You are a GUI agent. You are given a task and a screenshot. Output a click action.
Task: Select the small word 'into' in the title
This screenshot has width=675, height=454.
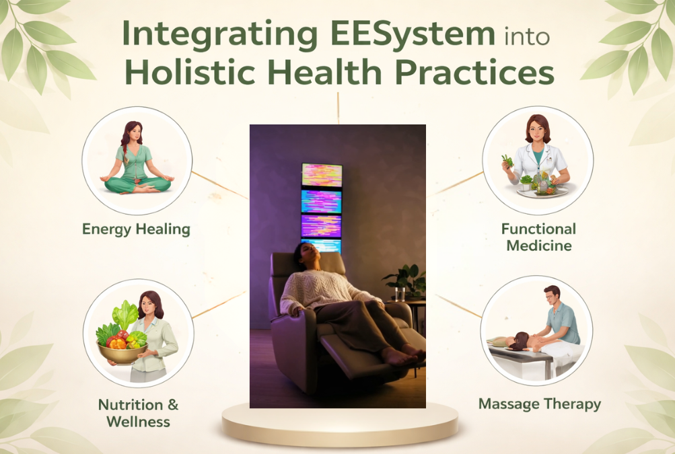click(526, 36)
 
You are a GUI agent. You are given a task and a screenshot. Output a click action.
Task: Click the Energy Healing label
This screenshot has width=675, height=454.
click(136, 229)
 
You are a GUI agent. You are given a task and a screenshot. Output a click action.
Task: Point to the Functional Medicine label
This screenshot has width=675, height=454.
click(538, 237)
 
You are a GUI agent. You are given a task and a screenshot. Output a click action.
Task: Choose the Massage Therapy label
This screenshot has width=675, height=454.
click(540, 404)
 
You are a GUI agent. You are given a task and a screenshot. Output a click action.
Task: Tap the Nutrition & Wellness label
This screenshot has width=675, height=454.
click(138, 413)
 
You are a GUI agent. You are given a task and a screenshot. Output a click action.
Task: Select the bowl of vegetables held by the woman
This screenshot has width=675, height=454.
click(122, 344)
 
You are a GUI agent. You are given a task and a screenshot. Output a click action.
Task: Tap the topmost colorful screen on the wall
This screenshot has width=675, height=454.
click(322, 175)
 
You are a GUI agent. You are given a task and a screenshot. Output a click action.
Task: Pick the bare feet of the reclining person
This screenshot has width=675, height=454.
click(403, 354)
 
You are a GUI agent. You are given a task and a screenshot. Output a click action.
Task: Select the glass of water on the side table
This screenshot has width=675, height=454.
click(400, 294)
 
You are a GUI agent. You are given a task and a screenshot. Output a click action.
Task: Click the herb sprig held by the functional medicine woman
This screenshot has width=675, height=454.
click(508, 161)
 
